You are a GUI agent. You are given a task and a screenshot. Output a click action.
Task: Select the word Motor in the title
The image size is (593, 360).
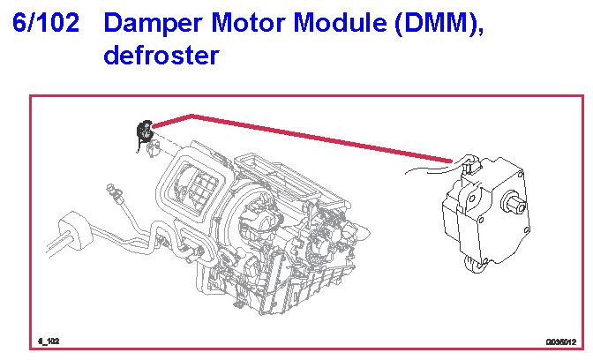[x=244, y=25]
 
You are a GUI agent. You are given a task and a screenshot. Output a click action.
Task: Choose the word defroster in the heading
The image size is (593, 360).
[x=160, y=55]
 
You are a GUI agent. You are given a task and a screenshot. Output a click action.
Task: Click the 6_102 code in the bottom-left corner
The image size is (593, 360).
[x=49, y=340]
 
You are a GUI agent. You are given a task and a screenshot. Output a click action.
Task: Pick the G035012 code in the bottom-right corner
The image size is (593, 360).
[x=560, y=340]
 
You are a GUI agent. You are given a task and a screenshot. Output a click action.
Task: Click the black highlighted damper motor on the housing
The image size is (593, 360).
[x=142, y=133]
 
